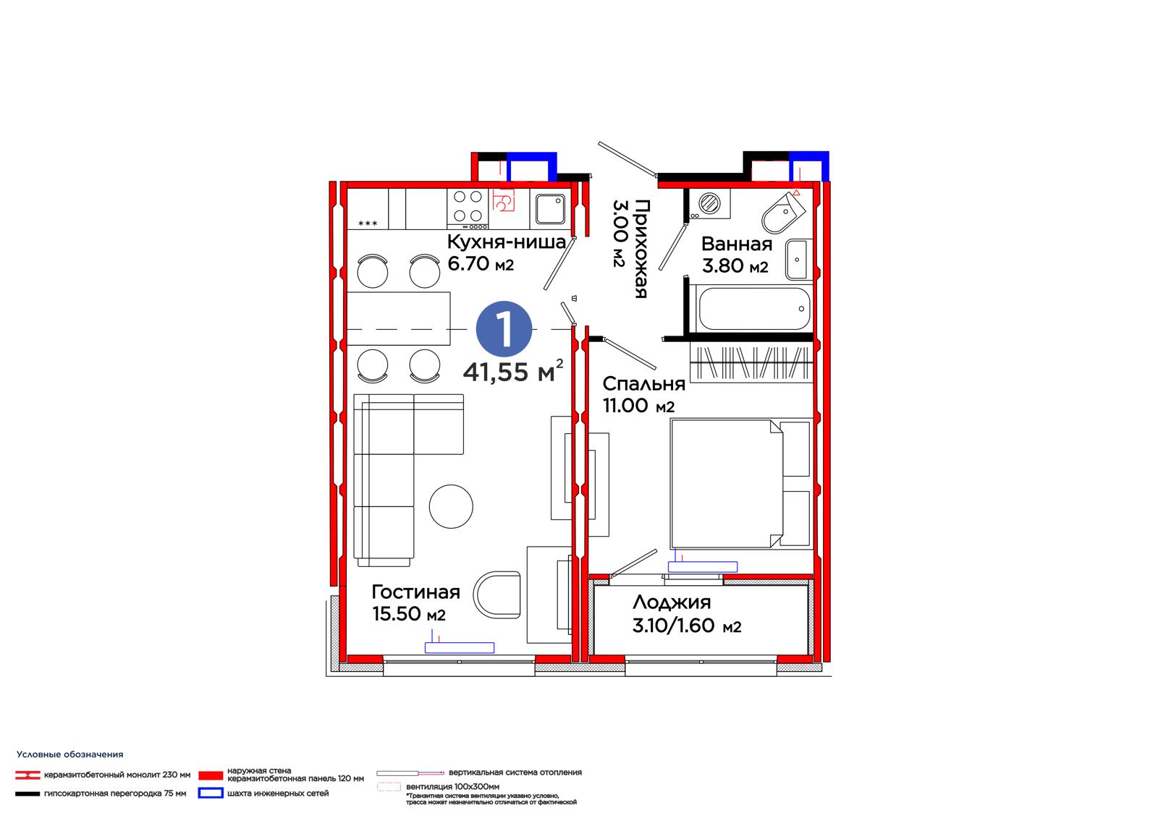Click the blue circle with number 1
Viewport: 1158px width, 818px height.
click(504, 329)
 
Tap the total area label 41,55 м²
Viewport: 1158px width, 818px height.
click(513, 370)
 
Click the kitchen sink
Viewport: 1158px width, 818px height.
click(550, 208)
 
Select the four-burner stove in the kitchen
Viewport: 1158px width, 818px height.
click(468, 209)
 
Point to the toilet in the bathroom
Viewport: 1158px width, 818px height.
click(783, 211)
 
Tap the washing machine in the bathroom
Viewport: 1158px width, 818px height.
click(709, 204)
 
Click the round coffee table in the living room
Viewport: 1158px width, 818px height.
click(451, 506)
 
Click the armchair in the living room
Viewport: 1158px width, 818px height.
click(497, 595)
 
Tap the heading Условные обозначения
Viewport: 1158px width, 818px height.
click(69, 754)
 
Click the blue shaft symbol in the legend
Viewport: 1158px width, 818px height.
click(211, 793)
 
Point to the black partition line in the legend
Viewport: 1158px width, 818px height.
click(28, 793)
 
